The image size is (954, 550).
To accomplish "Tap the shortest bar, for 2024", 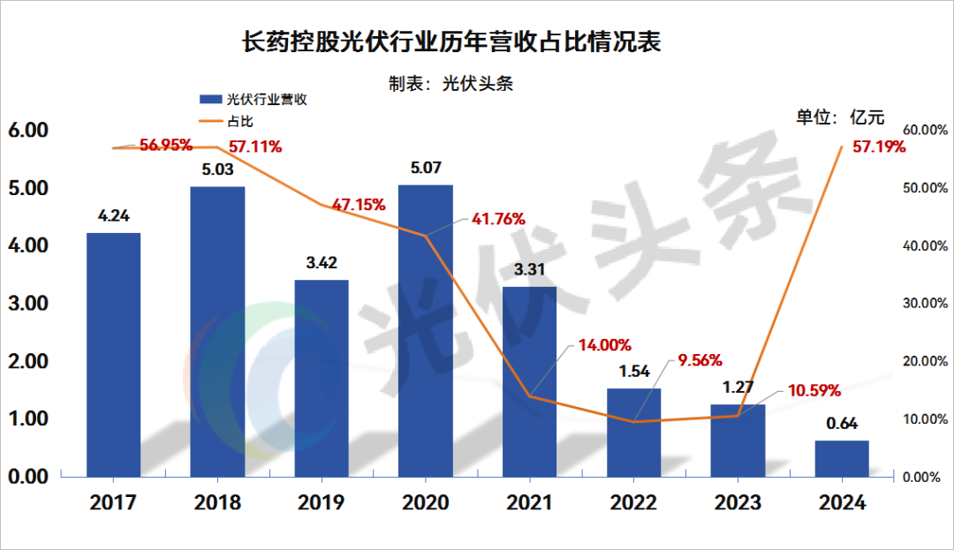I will point(842,458).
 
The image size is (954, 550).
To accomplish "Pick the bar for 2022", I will point(633,433).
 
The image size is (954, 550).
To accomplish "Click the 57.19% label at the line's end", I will point(879,147).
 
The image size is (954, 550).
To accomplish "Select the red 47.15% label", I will point(358,205).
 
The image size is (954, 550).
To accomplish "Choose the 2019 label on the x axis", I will point(322,503).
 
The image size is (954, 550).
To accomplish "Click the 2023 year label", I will point(738,503).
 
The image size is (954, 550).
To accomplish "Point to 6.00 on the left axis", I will point(27,130).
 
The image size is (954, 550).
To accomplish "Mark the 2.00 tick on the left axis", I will point(27,361).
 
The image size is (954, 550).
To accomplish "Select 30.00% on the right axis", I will point(925,304).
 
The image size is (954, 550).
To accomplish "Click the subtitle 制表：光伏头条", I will point(450,84).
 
